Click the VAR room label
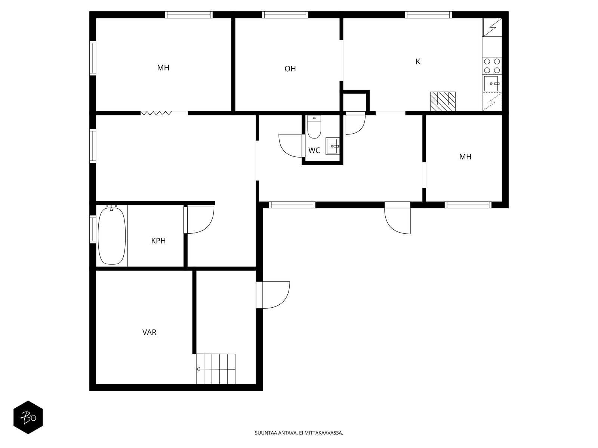point(149,332)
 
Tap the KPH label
point(158,241)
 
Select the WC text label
point(314,150)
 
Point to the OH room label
point(290,69)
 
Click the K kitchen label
point(418,62)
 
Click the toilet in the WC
point(314,127)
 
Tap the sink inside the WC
point(332,146)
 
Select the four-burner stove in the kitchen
point(492,66)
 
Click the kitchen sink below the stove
point(492,84)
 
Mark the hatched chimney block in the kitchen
point(443,102)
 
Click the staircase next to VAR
point(216,369)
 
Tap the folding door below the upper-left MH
point(156,113)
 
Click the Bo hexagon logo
point(28,417)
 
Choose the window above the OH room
point(285,15)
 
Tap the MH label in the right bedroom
point(465,157)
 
